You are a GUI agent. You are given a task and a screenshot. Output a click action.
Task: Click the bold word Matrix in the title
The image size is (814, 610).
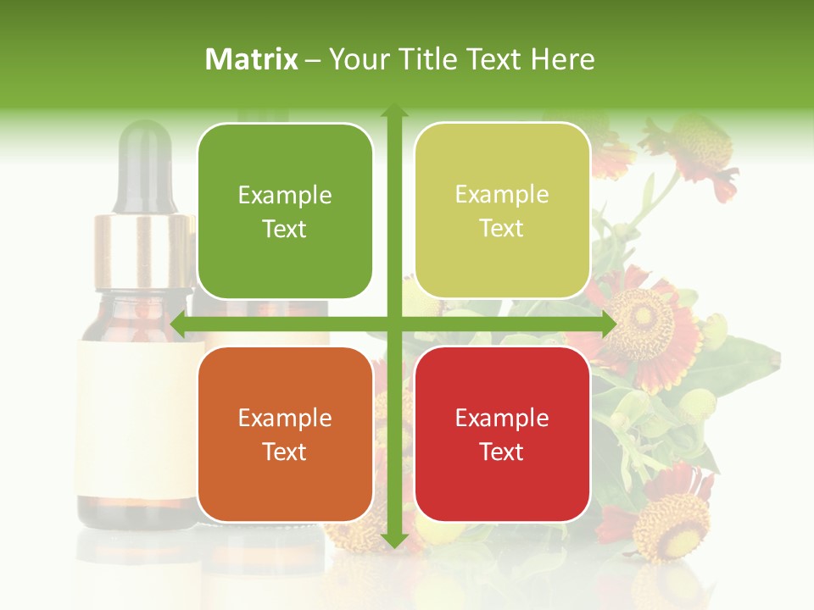tap(252, 59)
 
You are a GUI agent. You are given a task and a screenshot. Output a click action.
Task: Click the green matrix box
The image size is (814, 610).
tap(285, 211)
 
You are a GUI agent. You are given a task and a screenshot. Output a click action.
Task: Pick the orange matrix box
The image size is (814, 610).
tap(285, 434)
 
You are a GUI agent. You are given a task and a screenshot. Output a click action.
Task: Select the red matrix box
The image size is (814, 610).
tap(502, 434)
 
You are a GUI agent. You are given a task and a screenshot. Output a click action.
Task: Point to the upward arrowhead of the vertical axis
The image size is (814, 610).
tap(393, 110)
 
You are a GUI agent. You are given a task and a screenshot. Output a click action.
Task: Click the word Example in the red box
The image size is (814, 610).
tap(502, 418)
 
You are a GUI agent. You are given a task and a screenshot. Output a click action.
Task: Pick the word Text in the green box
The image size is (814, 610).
tap(285, 230)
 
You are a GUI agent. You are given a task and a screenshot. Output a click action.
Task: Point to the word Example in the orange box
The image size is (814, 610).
tap(285, 418)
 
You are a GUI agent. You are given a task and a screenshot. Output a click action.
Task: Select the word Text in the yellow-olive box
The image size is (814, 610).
tap(502, 229)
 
